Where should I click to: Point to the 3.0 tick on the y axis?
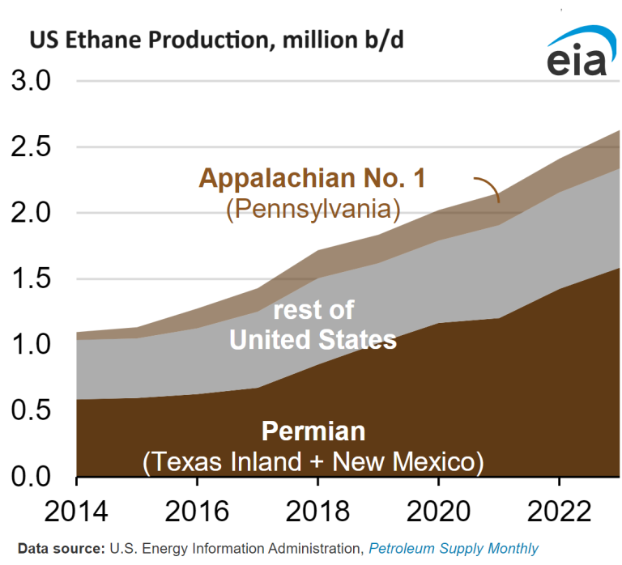click(x=31, y=82)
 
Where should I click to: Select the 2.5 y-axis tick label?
click(x=31, y=147)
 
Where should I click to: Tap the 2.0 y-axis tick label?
click(x=31, y=213)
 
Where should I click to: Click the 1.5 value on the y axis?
click(x=31, y=279)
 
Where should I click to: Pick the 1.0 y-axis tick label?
click(x=31, y=345)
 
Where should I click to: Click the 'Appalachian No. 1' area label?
click(x=312, y=178)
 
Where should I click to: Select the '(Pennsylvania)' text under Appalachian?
click(x=313, y=209)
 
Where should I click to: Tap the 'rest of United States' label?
click(x=313, y=325)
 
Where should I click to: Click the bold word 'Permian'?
click(x=313, y=431)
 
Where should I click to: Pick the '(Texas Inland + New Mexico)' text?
click(x=313, y=462)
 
